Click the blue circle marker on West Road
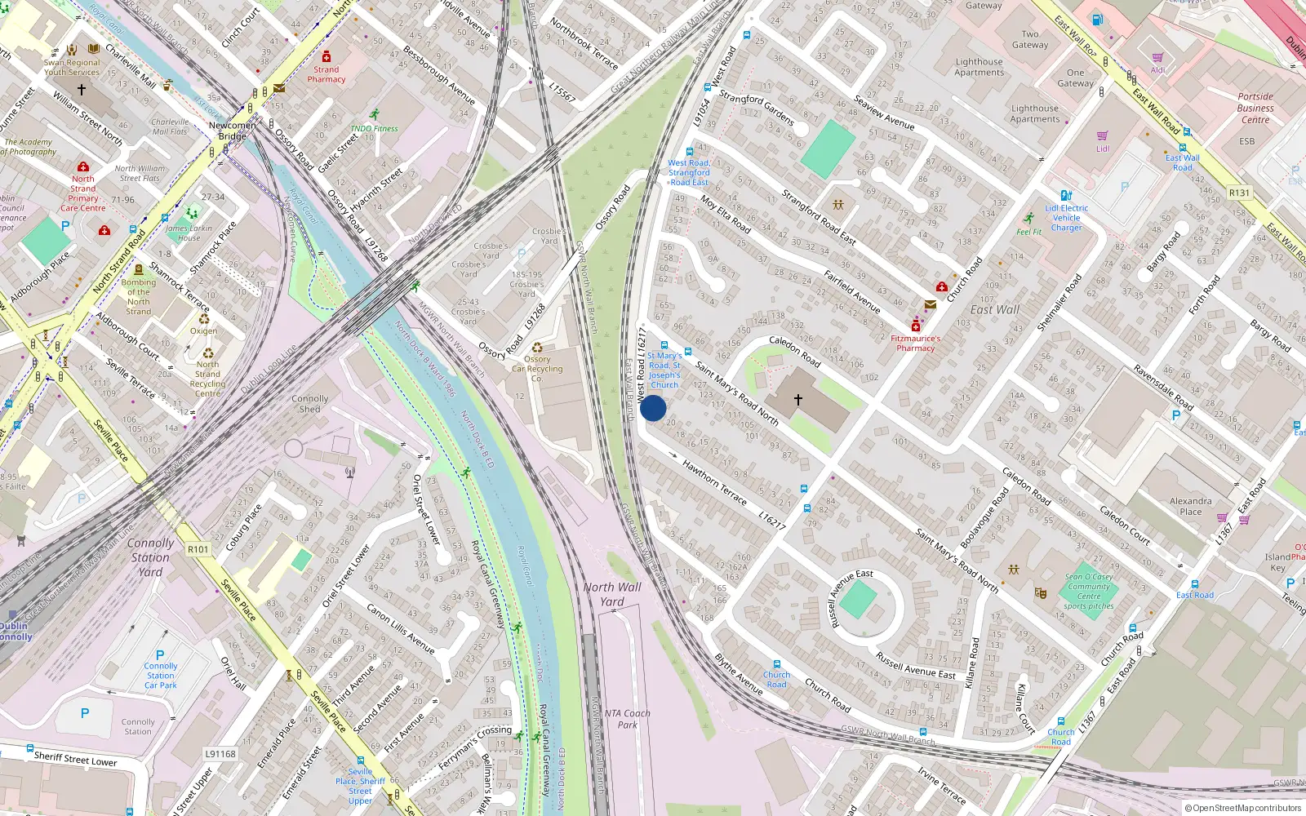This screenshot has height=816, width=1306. (x=653, y=408)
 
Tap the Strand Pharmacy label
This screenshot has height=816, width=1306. (x=326, y=74)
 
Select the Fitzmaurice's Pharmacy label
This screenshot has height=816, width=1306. (x=915, y=343)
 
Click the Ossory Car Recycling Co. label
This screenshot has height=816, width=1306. (x=537, y=369)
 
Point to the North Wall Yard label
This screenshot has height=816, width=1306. (x=612, y=594)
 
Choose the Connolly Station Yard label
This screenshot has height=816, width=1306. (x=150, y=557)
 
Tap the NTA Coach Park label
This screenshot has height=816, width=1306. (x=627, y=719)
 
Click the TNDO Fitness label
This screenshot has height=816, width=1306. (x=374, y=128)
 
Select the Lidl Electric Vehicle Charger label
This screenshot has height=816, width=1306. (x=1066, y=218)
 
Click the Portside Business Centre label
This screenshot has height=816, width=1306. (x=1255, y=108)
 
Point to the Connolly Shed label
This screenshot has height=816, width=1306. (x=310, y=404)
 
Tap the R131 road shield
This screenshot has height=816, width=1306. (x=1239, y=193)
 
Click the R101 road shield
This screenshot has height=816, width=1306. (x=198, y=549)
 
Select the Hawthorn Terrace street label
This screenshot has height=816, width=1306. (x=714, y=482)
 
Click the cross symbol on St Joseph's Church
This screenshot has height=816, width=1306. (x=798, y=399)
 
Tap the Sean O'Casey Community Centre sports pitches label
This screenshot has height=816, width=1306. (x=1089, y=592)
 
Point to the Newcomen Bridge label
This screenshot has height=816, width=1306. (x=232, y=131)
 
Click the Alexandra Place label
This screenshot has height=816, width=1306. (x=1190, y=507)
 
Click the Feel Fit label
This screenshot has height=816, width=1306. (x=1028, y=232)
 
